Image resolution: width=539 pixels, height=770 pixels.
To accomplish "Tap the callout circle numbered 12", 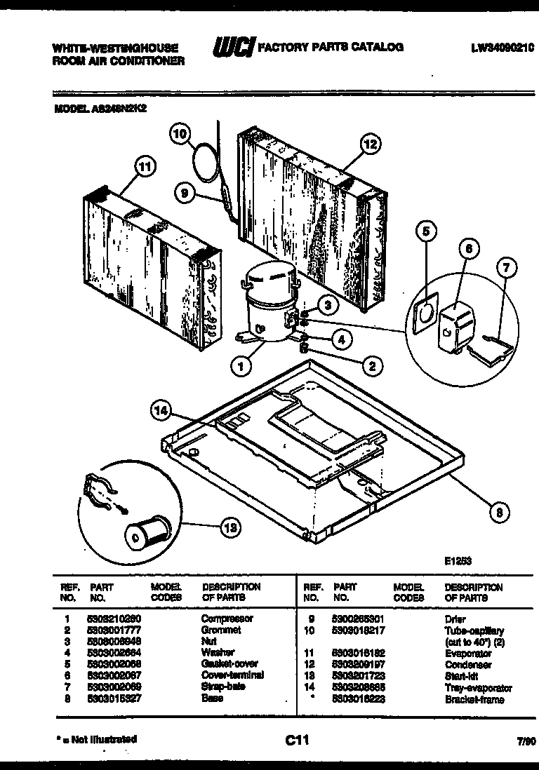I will click(370, 144).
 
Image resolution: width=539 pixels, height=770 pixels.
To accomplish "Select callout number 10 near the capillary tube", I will click(180, 133).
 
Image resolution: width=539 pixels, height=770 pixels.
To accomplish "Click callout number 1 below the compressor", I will click(241, 364).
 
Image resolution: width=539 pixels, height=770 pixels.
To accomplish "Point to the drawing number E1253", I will click(458, 561).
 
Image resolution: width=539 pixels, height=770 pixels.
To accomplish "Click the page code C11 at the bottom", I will click(297, 739).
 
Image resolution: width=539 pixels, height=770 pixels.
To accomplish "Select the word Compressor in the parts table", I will click(227, 619).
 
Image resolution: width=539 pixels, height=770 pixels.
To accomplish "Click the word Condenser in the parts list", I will click(468, 664).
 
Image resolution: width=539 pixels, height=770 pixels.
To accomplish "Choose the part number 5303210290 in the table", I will click(114, 619).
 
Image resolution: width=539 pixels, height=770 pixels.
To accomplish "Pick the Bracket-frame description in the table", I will click(474, 699).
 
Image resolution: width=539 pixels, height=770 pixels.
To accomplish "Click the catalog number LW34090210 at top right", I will click(503, 48).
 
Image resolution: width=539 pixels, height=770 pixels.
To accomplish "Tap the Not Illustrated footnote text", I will click(95, 739).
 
